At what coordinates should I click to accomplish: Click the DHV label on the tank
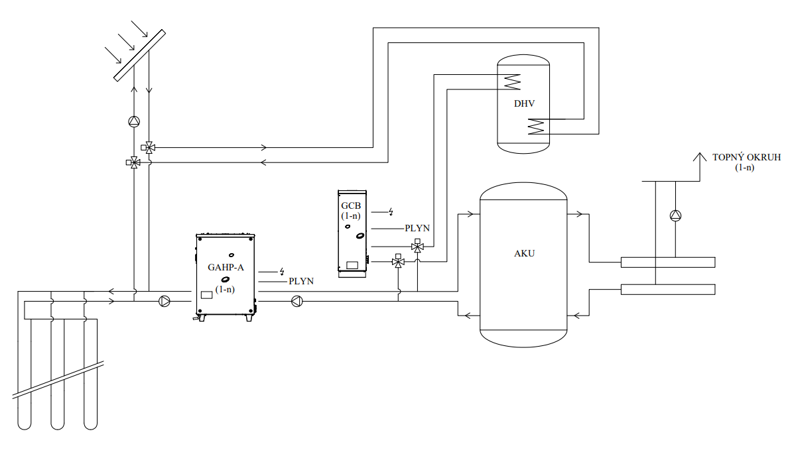tap(524, 104)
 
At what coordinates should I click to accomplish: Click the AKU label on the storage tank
tap(524, 253)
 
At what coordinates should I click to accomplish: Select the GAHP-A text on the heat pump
tap(226, 268)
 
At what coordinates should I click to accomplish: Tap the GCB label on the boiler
tap(350, 205)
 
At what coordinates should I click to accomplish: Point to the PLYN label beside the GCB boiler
tap(417, 228)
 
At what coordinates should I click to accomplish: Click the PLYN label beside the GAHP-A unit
tap(301, 282)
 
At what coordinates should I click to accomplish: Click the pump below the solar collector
tap(135, 121)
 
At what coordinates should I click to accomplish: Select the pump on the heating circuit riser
tap(675, 215)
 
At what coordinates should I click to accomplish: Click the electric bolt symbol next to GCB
tap(391, 212)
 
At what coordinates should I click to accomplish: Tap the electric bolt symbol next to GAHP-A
tap(282, 271)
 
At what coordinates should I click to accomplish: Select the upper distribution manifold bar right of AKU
tap(667, 262)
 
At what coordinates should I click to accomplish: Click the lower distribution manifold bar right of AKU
tap(667, 289)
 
